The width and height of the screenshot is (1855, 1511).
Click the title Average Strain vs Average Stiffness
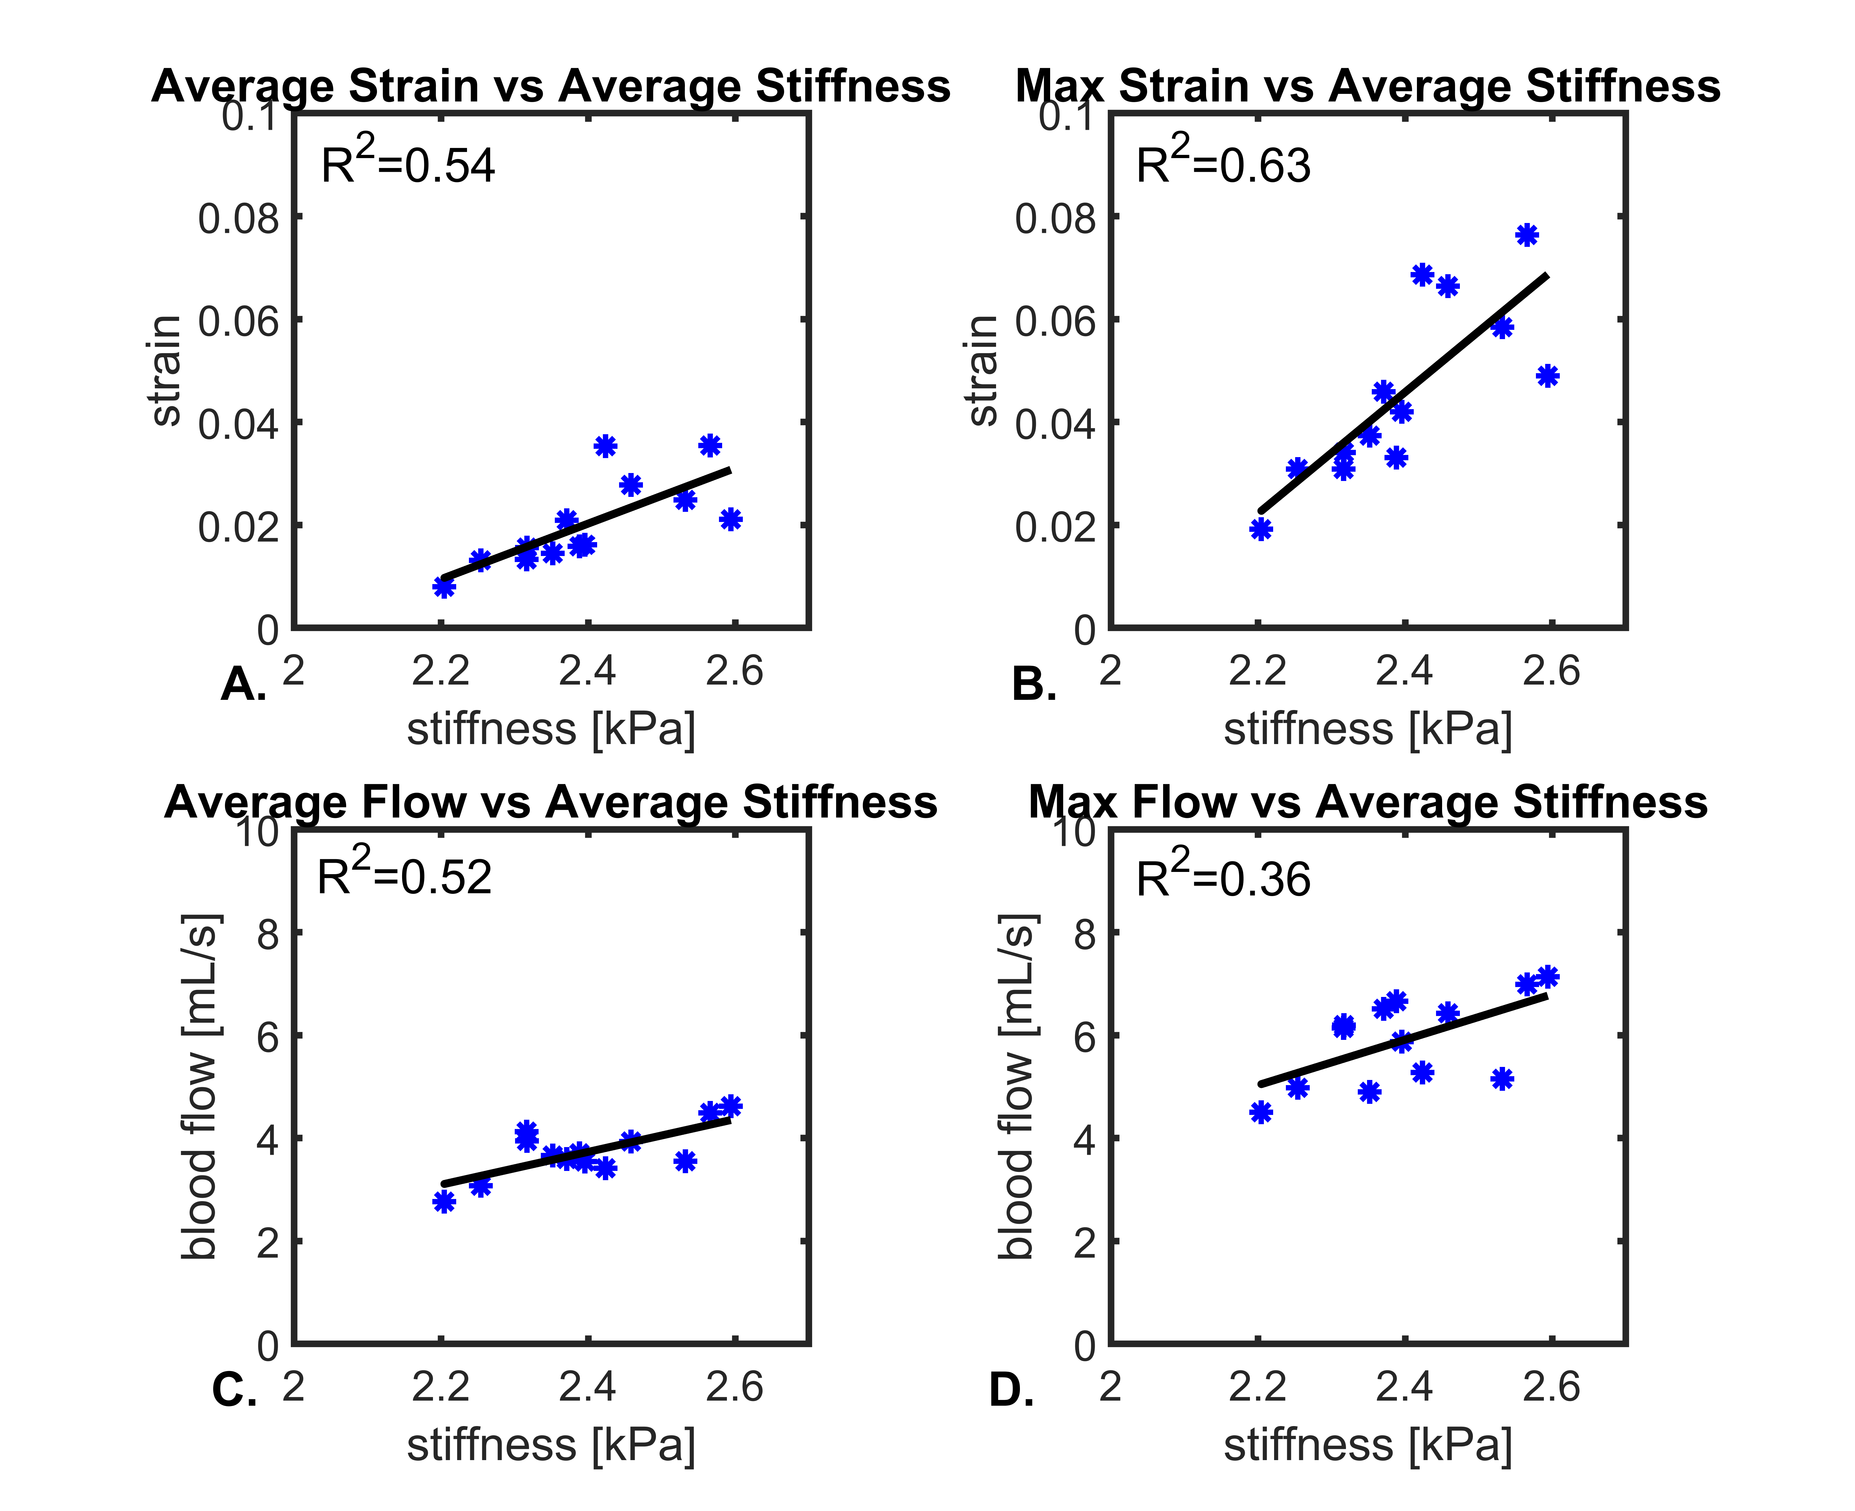(x=550, y=86)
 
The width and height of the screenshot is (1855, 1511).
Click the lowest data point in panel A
(x=444, y=587)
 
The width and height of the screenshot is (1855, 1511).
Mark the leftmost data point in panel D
(x=1260, y=1111)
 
